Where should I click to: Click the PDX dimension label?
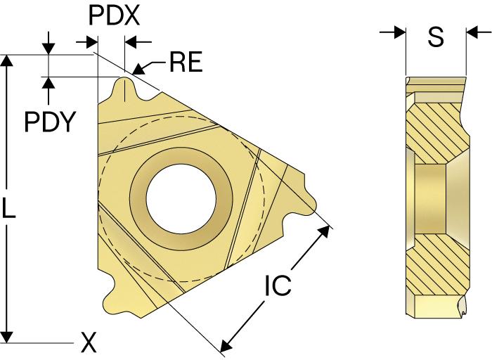[114, 15]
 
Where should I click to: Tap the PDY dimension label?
[50, 122]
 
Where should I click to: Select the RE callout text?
[186, 62]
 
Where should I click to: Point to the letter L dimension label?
[8, 207]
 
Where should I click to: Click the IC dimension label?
[278, 285]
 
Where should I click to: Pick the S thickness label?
[436, 37]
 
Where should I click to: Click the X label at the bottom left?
[89, 342]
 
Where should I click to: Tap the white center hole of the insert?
[181, 199]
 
